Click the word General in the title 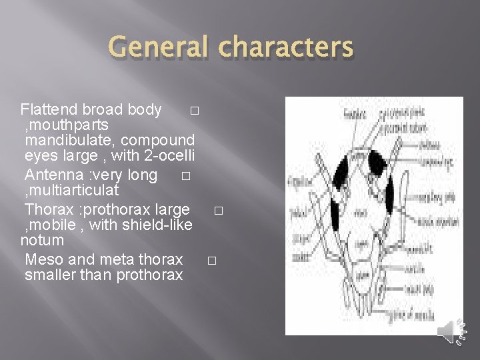(x=157, y=48)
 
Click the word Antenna (x=50, y=175)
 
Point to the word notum (x=43, y=240)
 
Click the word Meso (x=43, y=259)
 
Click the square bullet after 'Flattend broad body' (x=193, y=111)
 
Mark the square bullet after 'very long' (x=185, y=176)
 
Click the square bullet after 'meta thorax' (x=211, y=260)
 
